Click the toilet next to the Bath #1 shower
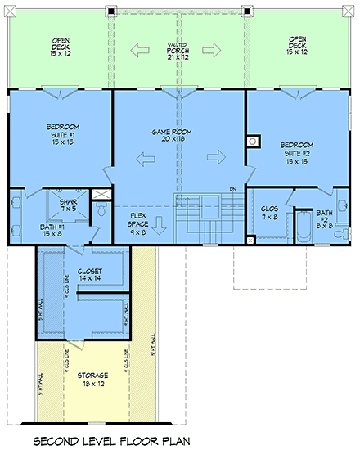tap(101, 211)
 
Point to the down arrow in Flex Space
tap(160, 222)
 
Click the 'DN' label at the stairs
tap(232, 190)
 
